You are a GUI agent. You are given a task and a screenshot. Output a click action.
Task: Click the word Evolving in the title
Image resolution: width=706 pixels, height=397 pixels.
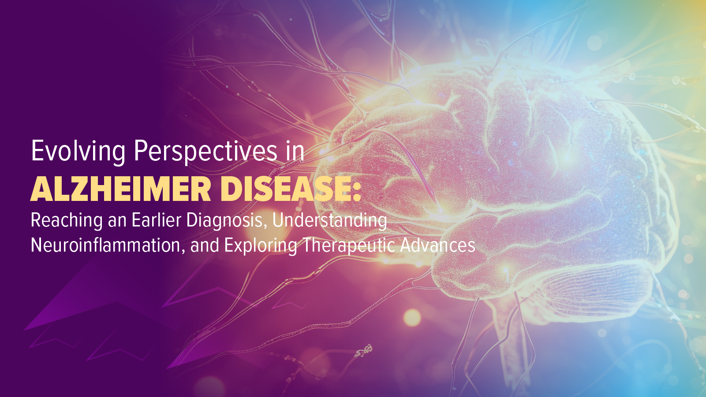[x=78, y=152]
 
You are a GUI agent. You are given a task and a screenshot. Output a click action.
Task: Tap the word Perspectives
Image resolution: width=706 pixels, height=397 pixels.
[x=205, y=152]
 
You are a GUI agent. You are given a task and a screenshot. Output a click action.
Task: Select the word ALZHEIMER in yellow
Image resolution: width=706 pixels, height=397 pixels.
[x=121, y=189]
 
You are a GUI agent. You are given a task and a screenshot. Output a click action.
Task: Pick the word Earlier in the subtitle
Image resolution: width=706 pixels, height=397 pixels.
[x=156, y=220]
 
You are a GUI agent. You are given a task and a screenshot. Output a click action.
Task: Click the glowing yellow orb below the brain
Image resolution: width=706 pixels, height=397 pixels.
[x=412, y=317]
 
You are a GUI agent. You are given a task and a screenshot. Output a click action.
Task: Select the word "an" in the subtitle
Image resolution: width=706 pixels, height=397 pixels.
[x=117, y=222]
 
